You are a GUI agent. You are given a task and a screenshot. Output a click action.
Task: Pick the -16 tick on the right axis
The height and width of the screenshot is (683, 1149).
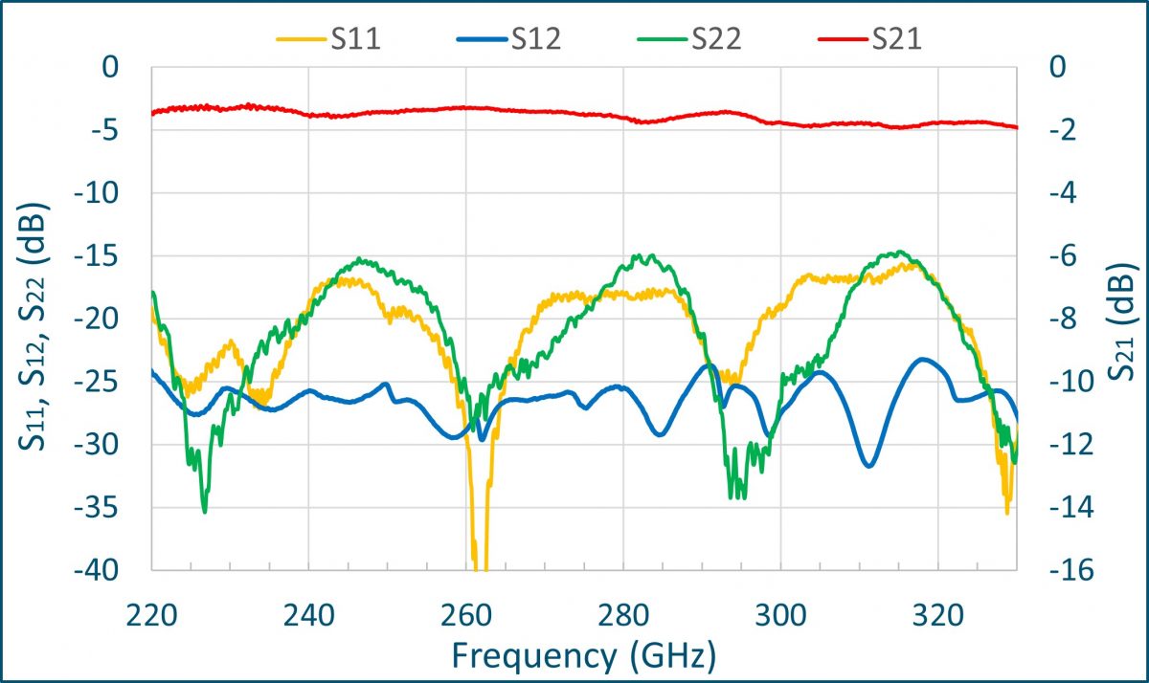pyautogui.click(x=1044, y=570)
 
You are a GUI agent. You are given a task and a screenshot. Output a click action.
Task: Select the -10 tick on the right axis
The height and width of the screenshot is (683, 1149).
pyautogui.click(x=1044, y=382)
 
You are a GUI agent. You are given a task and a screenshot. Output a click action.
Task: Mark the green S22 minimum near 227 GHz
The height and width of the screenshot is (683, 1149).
pyautogui.click(x=205, y=511)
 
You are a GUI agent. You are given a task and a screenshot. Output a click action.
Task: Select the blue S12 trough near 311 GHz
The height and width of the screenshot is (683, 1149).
pyautogui.click(x=867, y=465)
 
